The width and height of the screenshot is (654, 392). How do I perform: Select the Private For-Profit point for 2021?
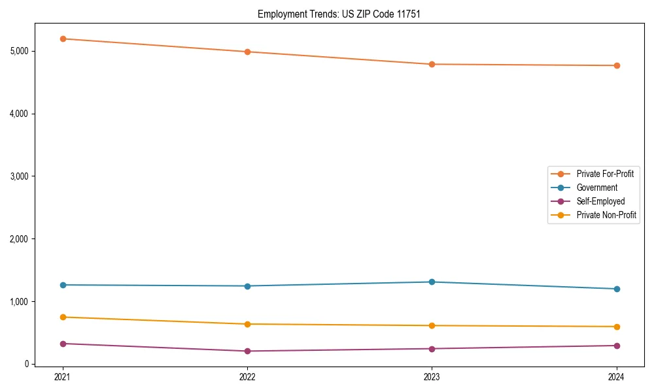pos(63,39)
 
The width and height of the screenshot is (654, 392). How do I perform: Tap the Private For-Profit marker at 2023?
pos(432,64)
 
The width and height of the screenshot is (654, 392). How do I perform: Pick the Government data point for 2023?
pos(432,282)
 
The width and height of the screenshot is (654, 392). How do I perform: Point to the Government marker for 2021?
pos(63,285)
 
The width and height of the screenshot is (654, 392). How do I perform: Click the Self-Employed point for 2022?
pos(247,351)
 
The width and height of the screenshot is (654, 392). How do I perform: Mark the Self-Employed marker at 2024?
pos(617,346)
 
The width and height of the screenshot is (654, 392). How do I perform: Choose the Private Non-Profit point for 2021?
pos(63,317)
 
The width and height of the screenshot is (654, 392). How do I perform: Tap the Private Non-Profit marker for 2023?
pos(432,325)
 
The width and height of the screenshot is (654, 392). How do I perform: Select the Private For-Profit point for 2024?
pos(617,65)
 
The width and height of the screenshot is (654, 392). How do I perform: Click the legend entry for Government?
pos(596,188)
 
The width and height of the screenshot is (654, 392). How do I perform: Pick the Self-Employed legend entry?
pos(600,201)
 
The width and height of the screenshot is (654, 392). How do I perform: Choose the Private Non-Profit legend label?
pos(606,215)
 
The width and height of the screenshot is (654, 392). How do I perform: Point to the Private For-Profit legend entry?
pos(605,174)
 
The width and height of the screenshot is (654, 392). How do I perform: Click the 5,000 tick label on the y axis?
pos(19,51)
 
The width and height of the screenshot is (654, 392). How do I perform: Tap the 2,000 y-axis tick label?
pos(19,239)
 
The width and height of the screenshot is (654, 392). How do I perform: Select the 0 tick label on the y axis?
pos(27,364)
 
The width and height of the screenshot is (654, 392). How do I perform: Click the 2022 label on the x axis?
pos(247,377)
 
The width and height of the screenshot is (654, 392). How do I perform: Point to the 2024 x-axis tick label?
pos(617,377)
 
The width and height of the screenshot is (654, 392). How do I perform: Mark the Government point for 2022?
pos(247,286)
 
